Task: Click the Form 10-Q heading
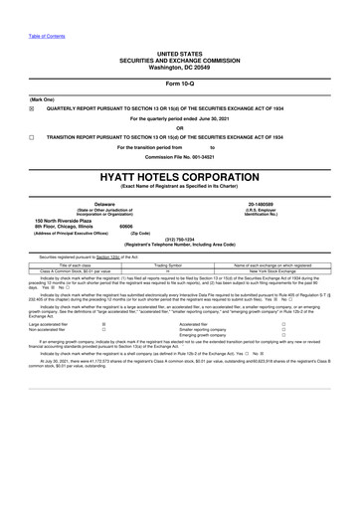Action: click(179, 84)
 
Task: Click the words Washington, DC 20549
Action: click(179, 65)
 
